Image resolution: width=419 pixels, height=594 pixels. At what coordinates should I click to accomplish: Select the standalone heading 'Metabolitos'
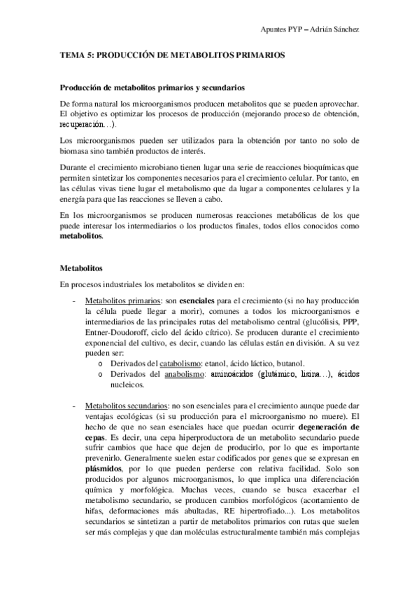[81, 268]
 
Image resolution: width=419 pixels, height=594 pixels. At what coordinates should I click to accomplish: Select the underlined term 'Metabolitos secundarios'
[123, 406]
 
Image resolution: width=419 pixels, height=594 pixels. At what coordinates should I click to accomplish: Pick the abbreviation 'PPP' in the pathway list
[348, 322]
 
